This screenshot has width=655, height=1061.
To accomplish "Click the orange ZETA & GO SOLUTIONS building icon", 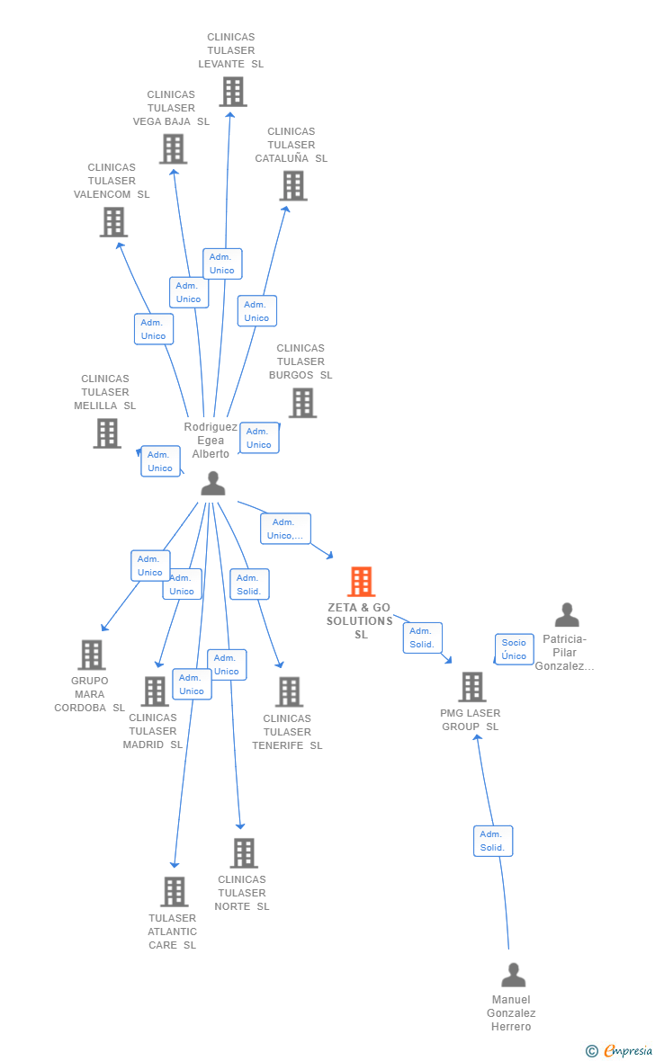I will click(361, 582).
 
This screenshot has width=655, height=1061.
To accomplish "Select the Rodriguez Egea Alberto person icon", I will click(212, 484).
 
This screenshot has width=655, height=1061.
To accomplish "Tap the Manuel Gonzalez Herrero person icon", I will click(513, 975).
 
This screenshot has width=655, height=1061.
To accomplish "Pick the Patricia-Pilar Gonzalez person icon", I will click(567, 615).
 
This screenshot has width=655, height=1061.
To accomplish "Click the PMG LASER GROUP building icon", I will click(471, 687).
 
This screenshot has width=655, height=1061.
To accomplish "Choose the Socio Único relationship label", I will click(514, 648).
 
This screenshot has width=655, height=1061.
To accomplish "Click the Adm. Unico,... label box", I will click(285, 529).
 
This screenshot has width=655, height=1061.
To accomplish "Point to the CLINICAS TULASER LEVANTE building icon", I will click(232, 92).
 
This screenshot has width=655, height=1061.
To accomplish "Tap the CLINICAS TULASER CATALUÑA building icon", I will click(292, 186).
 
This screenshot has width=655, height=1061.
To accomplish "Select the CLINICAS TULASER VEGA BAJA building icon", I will click(173, 149).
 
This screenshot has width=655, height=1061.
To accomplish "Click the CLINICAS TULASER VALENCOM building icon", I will click(113, 222).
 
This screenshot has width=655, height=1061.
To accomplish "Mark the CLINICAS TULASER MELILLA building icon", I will click(107, 433).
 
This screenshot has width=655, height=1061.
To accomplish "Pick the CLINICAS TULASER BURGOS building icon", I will click(302, 403).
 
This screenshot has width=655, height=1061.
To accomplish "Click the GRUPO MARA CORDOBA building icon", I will click(91, 655).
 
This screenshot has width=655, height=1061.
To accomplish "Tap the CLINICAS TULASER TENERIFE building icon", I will click(289, 691).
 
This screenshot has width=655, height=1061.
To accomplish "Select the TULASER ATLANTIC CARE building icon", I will click(174, 892).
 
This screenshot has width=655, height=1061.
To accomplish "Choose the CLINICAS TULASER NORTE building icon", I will click(243, 853).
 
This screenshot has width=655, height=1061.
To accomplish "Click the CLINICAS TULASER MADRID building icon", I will click(155, 691).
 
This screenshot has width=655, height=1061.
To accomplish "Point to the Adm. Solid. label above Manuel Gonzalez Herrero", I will click(492, 841).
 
